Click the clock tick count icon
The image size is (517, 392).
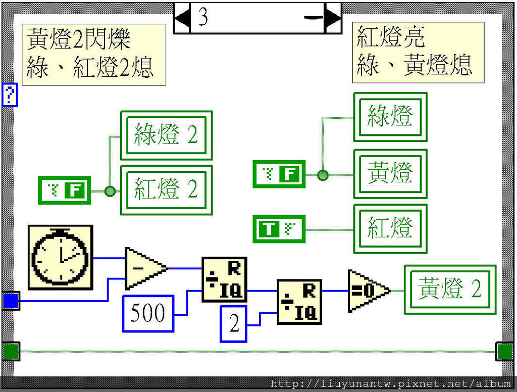[60, 258]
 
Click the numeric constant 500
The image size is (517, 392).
[148, 314]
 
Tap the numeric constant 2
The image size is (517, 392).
[234, 324]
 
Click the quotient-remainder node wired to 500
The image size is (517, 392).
[225, 279]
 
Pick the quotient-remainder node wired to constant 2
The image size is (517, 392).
[299, 302]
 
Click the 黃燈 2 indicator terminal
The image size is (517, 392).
[450, 289]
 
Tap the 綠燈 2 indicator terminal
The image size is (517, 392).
[166, 135]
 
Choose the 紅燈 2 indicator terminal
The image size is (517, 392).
[166, 190]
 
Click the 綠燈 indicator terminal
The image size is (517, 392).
[390, 117]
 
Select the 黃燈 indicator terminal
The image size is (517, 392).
[390, 174]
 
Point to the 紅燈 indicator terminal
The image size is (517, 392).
[390, 228]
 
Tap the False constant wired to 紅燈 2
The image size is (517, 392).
[64, 191]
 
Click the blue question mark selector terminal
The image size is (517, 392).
[10, 95]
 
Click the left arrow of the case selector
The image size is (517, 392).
[182, 18]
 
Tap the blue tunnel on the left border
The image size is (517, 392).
[10, 301]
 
